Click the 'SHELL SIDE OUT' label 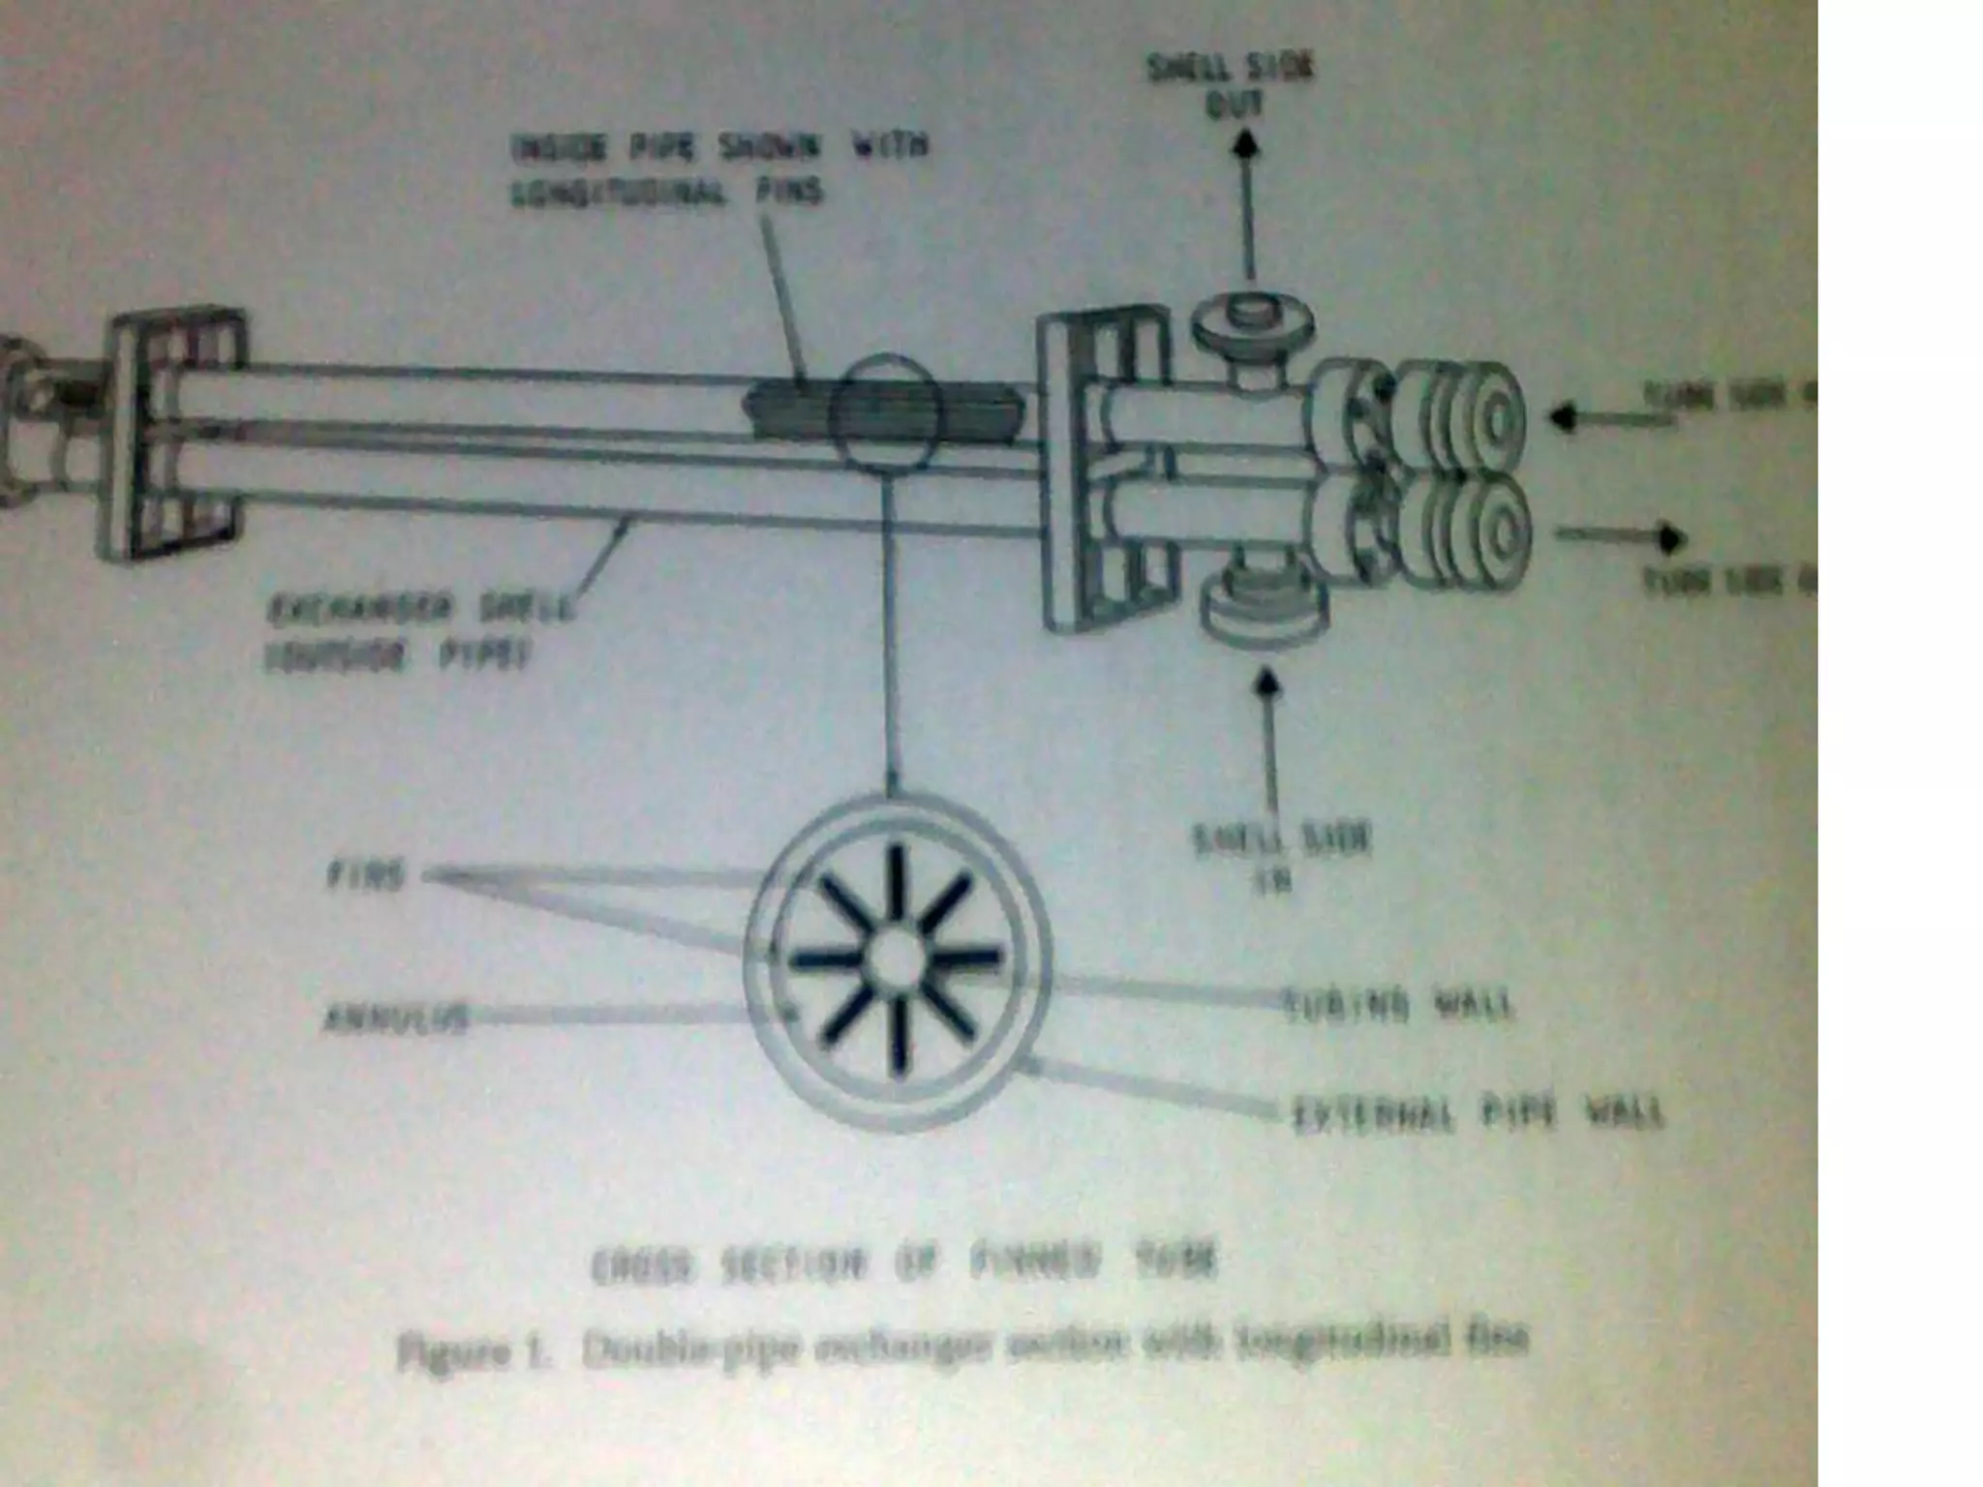[x=1232, y=86]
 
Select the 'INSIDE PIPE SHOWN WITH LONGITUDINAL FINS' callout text [x=717, y=169]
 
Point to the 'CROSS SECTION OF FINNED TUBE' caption [x=902, y=1264]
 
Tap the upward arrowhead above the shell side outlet [x=1246, y=145]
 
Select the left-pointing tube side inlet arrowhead [x=1561, y=417]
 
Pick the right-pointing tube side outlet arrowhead [x=1670, y=537]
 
